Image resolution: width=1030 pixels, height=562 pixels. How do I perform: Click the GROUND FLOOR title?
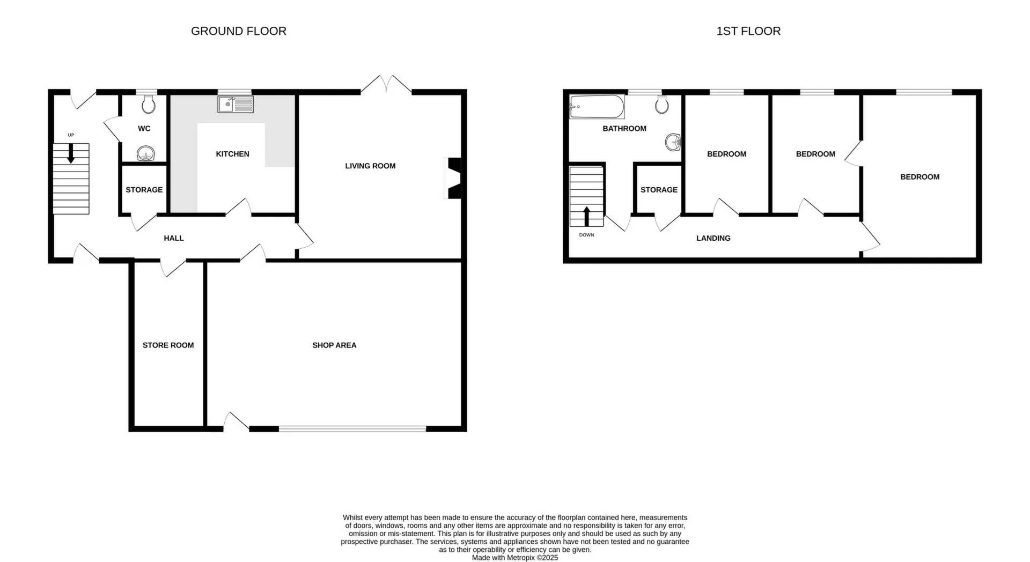(x=238, y=31)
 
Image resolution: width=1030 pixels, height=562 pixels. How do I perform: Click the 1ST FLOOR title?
(x=748, y=31)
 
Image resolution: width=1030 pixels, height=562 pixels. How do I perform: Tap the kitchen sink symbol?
(x=235, y=104)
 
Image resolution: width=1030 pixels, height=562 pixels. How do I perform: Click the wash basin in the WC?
(x=145, y=154)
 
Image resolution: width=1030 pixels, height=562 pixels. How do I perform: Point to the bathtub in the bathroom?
(x=597, y=107)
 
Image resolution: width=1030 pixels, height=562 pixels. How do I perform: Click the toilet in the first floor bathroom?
(x=662, y=105)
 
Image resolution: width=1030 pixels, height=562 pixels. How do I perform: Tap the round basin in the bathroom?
(x=673, y=143)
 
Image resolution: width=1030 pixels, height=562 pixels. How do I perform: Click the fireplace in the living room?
(x=453, y=178)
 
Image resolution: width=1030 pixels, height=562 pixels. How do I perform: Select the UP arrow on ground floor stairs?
(x=71, y=154)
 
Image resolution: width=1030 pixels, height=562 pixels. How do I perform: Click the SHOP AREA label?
(x=334, y=345)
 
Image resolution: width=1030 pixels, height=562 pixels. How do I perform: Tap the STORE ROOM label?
(x=168, y=345)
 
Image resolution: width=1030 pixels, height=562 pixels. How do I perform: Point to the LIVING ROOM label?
(x=370, y=166)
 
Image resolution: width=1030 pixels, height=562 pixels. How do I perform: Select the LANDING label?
(x=713, y=238)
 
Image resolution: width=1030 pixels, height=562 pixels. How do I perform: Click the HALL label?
(x=173, y=238)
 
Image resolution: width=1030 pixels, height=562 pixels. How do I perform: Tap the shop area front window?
(x=352, y=428)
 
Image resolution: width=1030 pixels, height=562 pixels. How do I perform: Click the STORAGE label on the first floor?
(x=659, y=190)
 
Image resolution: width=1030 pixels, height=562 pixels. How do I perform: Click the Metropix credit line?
(x=514, y=558)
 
